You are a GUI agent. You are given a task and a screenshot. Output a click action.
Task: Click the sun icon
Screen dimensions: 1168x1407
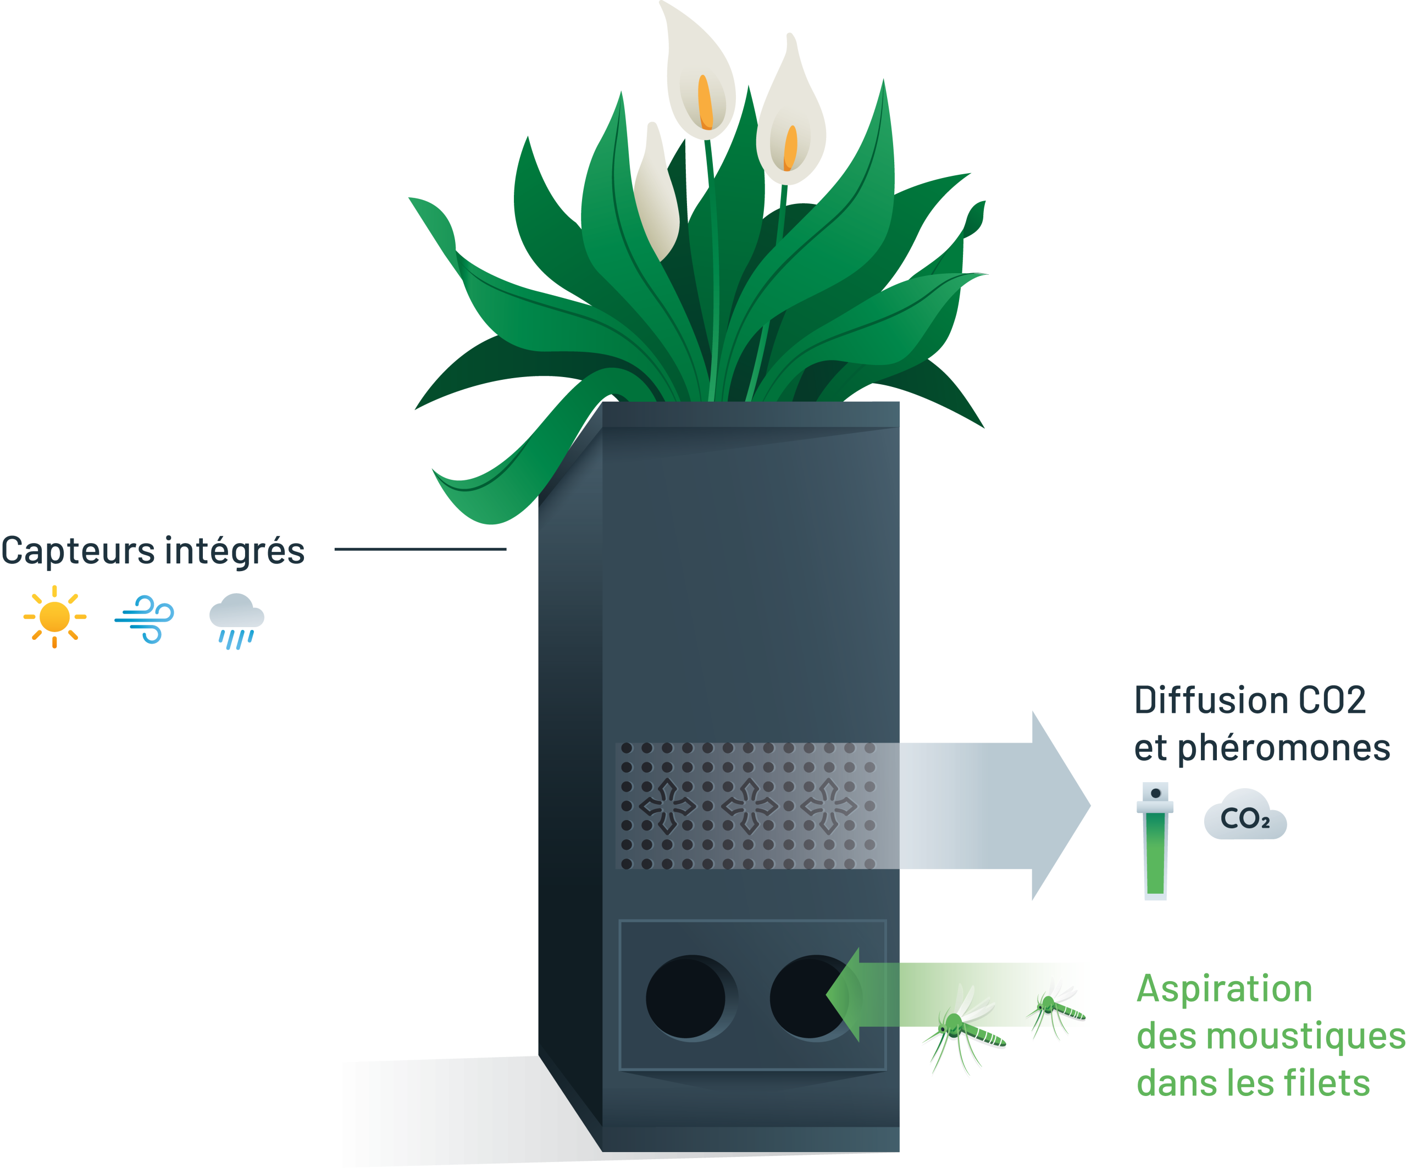55,617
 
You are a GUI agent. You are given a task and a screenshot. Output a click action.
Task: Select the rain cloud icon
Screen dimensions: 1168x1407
236,620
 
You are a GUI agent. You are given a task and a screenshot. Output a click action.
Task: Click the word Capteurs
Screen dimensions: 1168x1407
79,551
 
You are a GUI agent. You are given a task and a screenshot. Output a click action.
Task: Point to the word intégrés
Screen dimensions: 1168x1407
235,551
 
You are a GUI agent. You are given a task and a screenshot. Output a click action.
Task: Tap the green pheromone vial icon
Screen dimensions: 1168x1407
1155,841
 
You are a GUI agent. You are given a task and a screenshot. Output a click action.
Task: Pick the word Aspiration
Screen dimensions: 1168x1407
1224,989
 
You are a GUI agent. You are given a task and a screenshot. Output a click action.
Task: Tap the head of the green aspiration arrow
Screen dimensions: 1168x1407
844,995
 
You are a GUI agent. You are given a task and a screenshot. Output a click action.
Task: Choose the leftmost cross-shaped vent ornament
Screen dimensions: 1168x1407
667,806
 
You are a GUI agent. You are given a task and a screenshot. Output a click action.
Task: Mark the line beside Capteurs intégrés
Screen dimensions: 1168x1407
420,550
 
